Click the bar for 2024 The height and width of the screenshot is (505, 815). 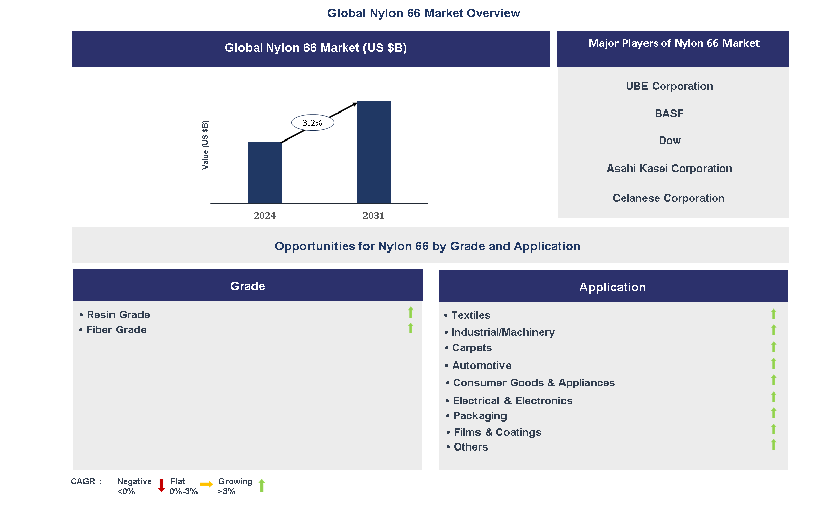tap(265, 173)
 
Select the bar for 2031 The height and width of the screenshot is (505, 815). tap(374, 152)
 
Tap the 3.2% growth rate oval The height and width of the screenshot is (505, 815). tap(313, 123)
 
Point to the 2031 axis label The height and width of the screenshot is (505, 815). tap(373, 216)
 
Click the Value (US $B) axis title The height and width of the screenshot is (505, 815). tap(205, 145)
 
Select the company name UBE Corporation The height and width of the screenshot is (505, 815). tap(669, 86)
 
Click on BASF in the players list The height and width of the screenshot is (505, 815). tap(669, 114)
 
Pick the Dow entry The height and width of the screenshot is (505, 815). tap(669, 141)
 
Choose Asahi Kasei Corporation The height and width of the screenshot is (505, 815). tap(669, 169)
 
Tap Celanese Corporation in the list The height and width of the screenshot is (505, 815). tap(669, 198)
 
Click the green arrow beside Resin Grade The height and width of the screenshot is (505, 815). tap(411, 312)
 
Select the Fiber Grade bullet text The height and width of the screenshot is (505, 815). tap(116, 330)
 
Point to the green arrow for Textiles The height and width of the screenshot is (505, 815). tap(774, 314)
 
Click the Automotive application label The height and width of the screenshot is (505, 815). tap(482, 366)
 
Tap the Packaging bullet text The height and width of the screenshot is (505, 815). tap(480, 416)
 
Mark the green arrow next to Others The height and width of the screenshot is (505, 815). tap(774, 444)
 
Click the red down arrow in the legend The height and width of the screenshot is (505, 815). tap(161, 485)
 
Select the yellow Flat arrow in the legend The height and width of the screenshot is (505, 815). tap(206, 484)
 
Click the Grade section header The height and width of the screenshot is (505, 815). tap(248, 286)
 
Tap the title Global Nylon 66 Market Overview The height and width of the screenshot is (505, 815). tap(424, 13)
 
